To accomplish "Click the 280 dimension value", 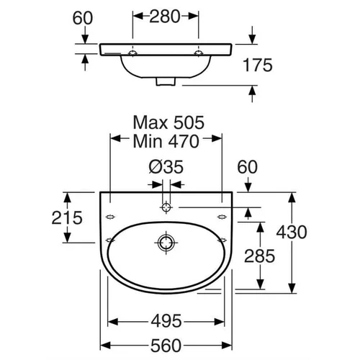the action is pos(165,17).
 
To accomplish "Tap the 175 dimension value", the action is pos(258,65).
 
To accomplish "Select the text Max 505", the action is pos(168,122).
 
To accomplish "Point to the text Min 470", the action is pos(166,141).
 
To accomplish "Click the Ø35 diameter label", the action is pos(166,167).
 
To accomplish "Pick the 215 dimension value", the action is pos(67,217).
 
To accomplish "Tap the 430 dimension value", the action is pos(292,232).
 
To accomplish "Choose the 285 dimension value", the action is pos(260,256).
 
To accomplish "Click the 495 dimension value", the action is pos(166,321).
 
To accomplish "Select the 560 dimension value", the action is pos(166,346).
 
